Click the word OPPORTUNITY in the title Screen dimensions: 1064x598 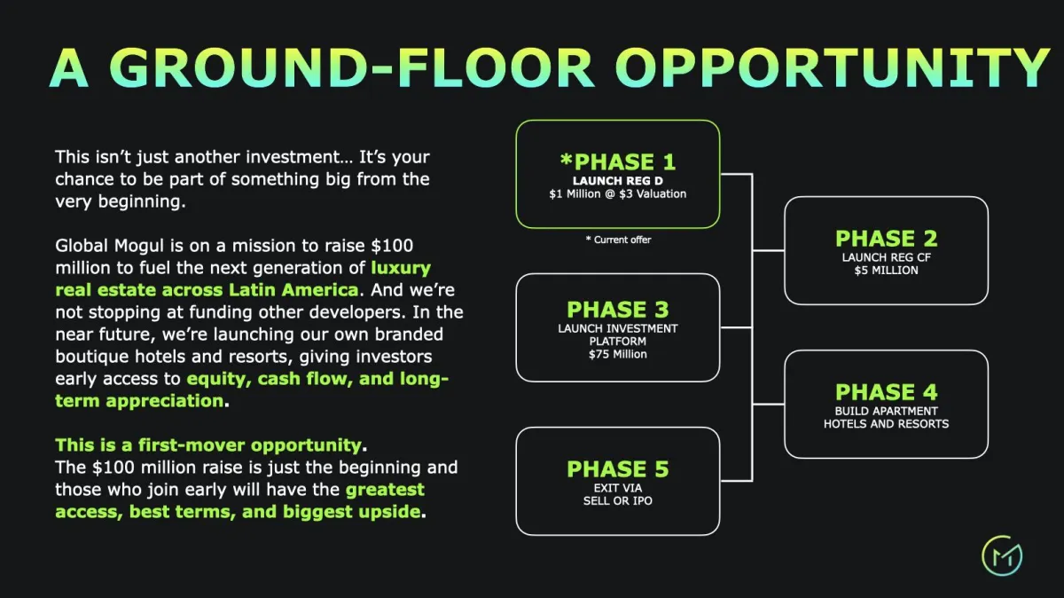(x=833, y=67)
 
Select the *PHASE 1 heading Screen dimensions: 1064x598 (x=617, y=162)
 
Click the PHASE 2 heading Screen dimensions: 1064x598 (x=887, y=239)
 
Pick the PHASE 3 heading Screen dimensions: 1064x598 (x=617, y=310)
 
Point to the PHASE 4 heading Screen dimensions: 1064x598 (x=887, y=392)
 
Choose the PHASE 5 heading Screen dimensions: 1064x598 (x=617, y=469)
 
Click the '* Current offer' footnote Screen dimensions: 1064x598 (x=618, y=240)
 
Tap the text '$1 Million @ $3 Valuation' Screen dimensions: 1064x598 (x=617, y=194)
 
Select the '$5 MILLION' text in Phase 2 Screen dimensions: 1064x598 (x=887, y=271)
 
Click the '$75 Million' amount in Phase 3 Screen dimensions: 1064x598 (x=617, y=354)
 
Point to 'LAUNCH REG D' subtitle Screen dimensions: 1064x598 (x=617, y=181)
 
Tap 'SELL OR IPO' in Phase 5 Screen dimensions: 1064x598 (x=617, y=500)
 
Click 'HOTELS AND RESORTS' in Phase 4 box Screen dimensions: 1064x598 (x=887, y=424)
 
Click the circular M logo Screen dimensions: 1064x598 (x=1002, y=555)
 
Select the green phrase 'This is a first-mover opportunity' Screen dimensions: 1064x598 (x=208, y=445)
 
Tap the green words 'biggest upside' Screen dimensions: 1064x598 (x=351, y=512)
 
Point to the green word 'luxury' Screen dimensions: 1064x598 (x=401, y=268)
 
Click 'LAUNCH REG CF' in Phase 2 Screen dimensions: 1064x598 (x=887, y=257)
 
